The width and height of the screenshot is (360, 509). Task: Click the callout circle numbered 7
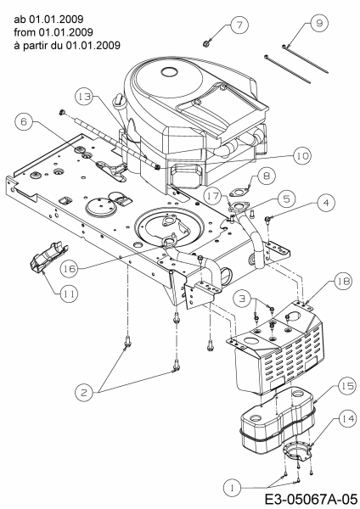[x=239, y=25]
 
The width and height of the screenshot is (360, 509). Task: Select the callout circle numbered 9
[x=319, y=23]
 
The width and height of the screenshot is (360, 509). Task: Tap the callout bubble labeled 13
[x=84, y=97]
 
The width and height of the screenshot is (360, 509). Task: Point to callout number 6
[x=24, y=121]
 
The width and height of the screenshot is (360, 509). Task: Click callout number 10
[x=302, y=156]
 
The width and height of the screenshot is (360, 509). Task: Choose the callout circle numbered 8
[x=267, y=176]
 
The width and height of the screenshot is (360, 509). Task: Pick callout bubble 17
[x=213, y=195]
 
